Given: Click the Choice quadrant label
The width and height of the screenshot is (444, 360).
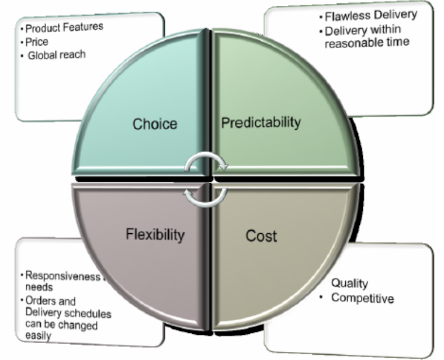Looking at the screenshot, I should tap(155, 124).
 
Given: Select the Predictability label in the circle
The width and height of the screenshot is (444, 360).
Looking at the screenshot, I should tap(260, 122).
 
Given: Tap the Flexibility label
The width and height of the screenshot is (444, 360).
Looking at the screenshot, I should tap(155, 235).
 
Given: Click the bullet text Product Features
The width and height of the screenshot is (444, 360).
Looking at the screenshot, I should tap(64, 27).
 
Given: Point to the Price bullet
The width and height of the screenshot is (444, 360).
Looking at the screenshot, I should tap(37, 41).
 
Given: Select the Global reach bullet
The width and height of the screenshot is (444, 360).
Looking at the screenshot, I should tap(57, 55).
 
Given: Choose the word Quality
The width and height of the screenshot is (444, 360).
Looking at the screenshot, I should tap(350, 283).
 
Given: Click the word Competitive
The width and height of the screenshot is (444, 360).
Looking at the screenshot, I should tap(362, 299).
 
